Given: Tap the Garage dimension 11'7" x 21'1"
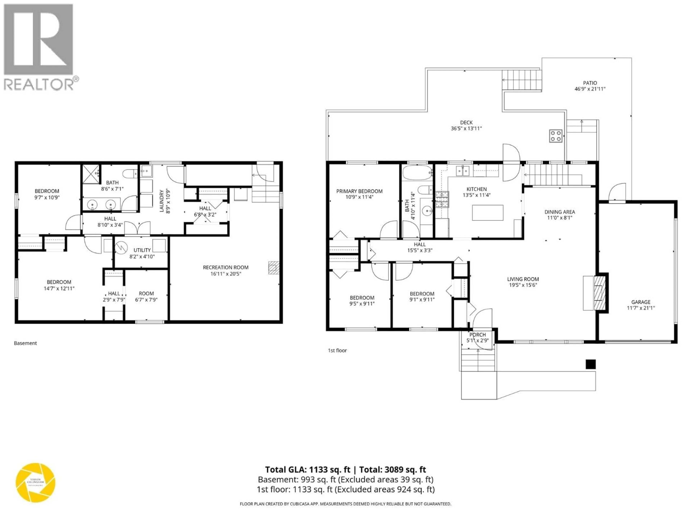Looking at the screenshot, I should pyautogui.click(x=641, y=308).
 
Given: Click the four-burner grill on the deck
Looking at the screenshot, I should pyautogui.click(x=556, y=136).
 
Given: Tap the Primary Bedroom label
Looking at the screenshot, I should pyautogui.click(x=359, y=191).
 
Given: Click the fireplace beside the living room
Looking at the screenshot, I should pyautogui.click(x=599, y=293).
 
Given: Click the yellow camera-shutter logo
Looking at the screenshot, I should pyautogui.click(x=36, y=482).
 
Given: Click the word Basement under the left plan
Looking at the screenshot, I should pyautogui.click(x=25, y=343).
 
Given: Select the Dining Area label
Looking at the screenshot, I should pyautogui.click(x=559, y=212).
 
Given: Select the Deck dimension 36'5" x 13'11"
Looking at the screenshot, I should pyautogui.click(x=466, y=128).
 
